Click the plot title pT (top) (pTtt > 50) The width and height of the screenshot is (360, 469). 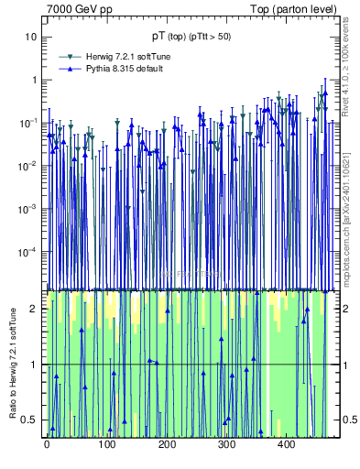[x=191, y=37]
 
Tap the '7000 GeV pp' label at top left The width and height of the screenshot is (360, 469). [x=80, y=9]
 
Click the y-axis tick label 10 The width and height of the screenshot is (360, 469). [x=31, y=37]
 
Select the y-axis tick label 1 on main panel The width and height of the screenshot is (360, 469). [x=34, y=80]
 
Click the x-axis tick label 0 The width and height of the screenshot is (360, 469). [x=47, y=444]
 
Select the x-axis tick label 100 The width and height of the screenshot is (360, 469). [x=106, y=444]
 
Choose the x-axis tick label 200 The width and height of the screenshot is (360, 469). [x=167, y=444]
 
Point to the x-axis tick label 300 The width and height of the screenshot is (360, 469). [x=226, y=444]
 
